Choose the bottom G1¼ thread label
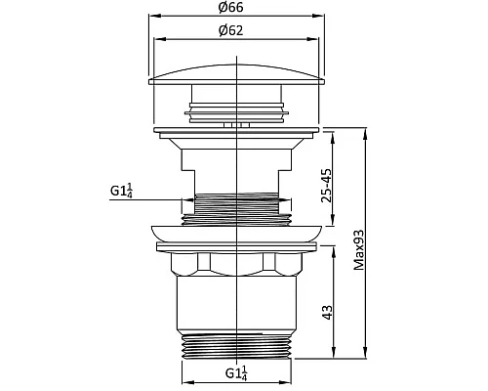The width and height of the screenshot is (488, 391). coord(237,372)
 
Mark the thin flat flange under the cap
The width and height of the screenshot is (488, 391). coord(237,129)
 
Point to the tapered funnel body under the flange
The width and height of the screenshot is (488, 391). coord(237,161)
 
